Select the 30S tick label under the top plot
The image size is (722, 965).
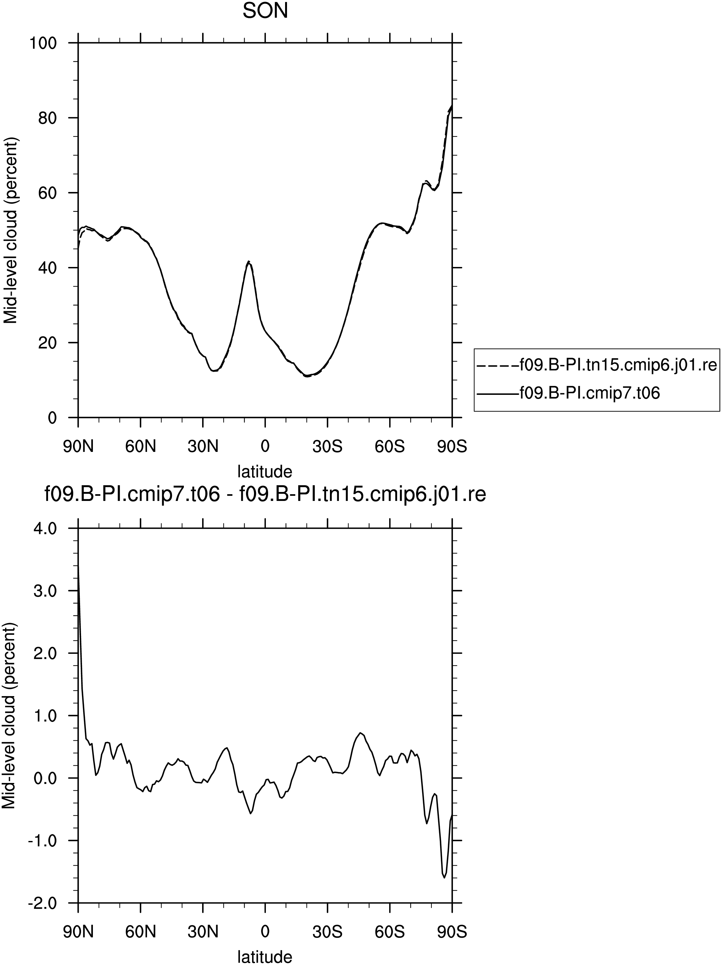point(327,447)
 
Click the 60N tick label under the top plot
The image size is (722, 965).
point(140,447)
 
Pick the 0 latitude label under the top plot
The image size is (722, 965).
point(265,447)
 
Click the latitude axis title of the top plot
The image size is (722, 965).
point(265,471)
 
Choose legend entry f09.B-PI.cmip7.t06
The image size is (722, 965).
point(589,394)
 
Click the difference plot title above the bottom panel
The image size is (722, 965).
point(265,495)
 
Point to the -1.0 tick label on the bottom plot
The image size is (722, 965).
point(42,841)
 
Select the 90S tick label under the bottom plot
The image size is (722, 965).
point(452,932)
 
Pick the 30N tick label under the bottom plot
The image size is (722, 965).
point(203,932)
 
